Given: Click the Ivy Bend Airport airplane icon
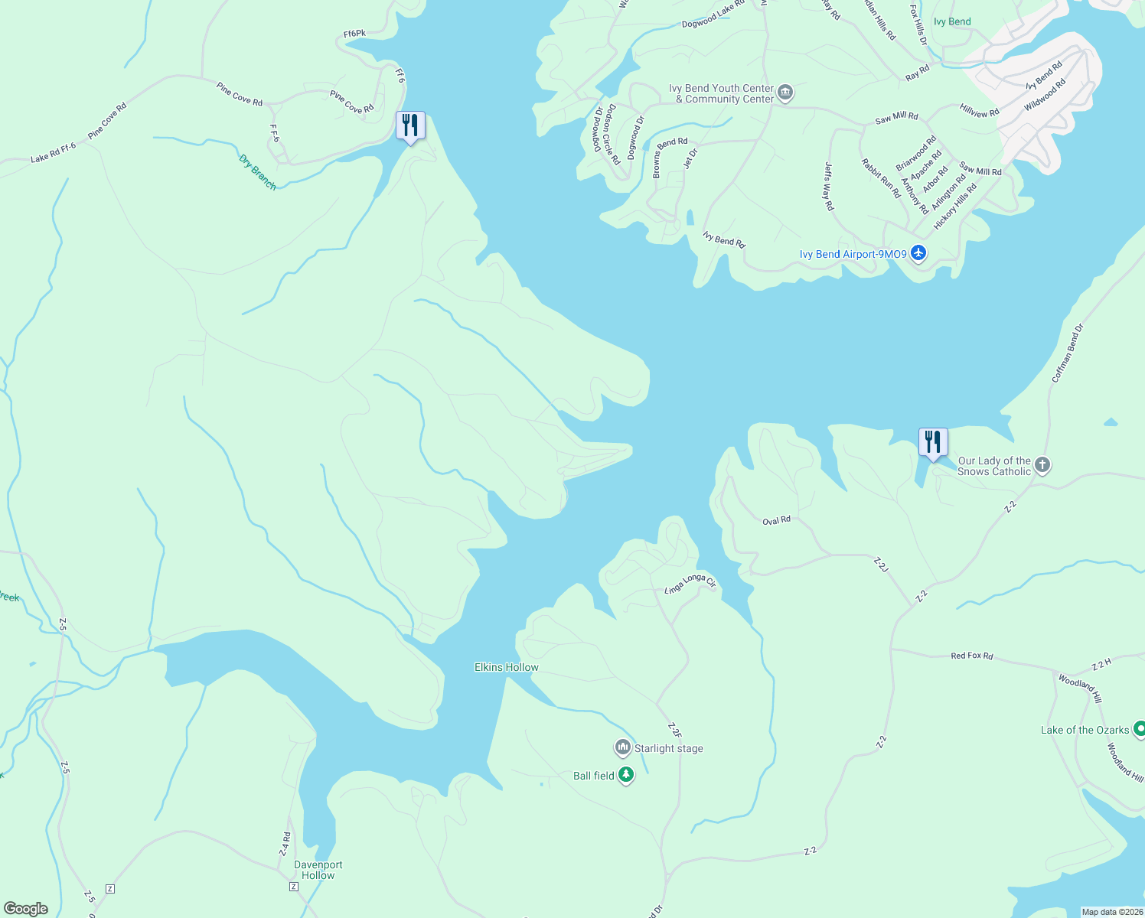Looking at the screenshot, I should click(x=918, y=253).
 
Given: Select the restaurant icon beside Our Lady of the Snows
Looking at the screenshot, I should click(x=933, y=442).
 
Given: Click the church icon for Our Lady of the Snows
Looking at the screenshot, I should click(x=1042, y=464).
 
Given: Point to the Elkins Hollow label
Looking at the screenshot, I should click(x=506, y=667).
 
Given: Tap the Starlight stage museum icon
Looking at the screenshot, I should click(x=623, y=747).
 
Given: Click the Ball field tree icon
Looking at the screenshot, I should click(x=626, y=775).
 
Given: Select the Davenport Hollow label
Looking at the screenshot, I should click(x=318, y=870).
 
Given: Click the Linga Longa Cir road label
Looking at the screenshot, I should click(x=690, y=583).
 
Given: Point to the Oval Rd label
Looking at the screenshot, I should click(x=776, y=521).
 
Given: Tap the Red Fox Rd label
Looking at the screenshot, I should click(x=971, y=656).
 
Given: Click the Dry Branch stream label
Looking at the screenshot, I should click(x=257, y=172).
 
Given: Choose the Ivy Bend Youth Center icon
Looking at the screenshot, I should click(x=785, y=93).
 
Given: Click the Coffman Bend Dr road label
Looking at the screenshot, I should click(x=1068, y=353).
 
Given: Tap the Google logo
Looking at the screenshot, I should click(x=26, y=908).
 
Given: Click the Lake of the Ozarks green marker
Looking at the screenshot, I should click(x=1138, y=729).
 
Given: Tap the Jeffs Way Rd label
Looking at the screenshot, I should click(x=828, y=186).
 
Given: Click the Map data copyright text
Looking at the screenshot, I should click(x=1111, y=912).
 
